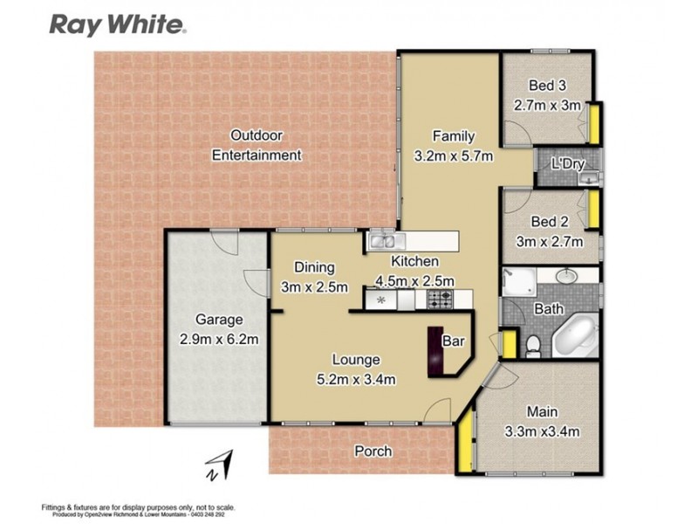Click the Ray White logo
click(x=115, y=24)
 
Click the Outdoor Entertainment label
click(x=257, y=145)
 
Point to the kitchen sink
click(x=381, y=241)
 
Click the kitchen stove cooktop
click(x=440, y=300)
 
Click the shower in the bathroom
click(x=518, y=282)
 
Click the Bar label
click(x=454, y=340)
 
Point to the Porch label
click(x=373, y=452)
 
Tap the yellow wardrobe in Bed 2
click(x=593, y=210)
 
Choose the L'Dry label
click(x=566, y=164)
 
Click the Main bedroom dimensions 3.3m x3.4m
click(x=543, y=431)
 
